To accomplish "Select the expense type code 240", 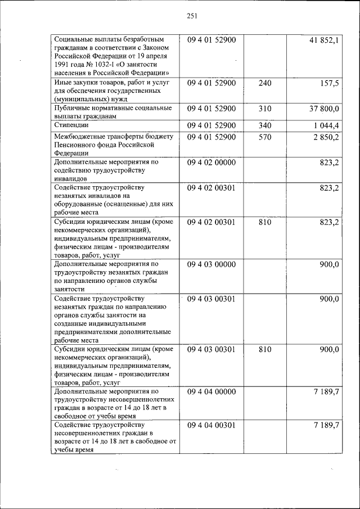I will [x=265, y=83].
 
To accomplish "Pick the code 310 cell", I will [x=265, y=109].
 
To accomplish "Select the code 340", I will [x=265, y=125].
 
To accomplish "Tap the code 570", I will [x=265, y=137].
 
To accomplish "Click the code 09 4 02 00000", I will [x=211, y=163].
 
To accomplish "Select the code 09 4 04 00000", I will [x=211, y=391].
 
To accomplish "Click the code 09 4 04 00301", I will [x=211, y=425].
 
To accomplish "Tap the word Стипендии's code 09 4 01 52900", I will [x=211, y=125].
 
